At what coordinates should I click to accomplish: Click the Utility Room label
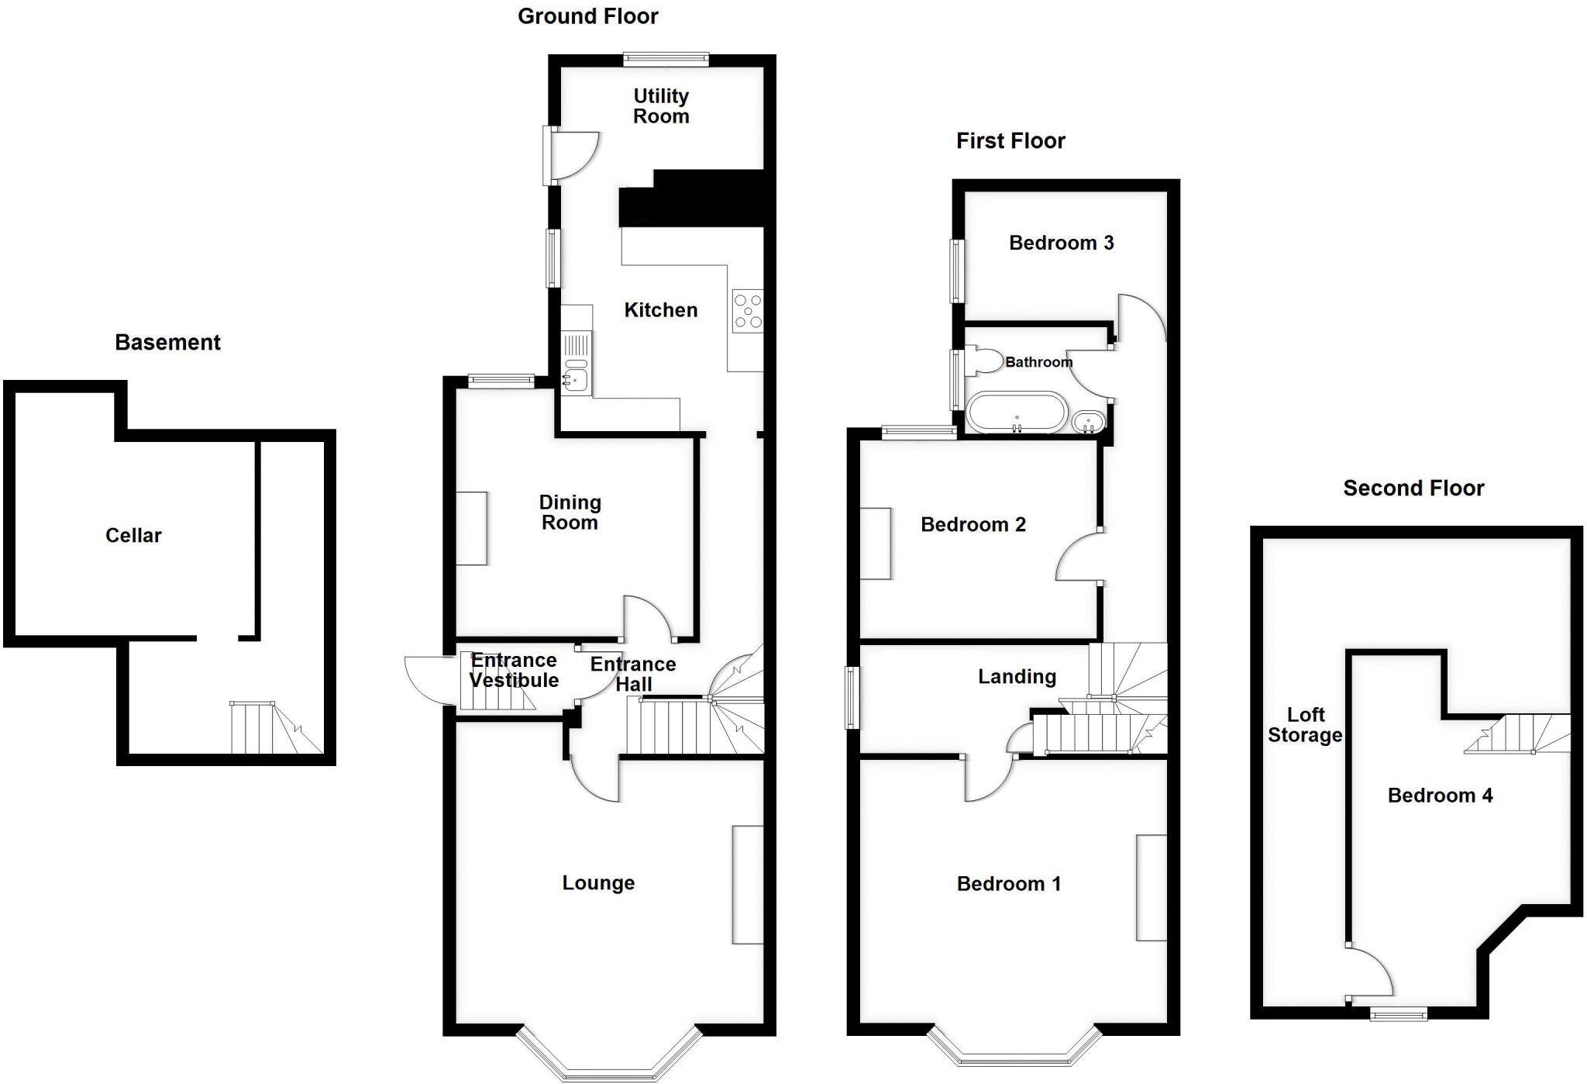660,106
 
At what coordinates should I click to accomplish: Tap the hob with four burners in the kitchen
748,311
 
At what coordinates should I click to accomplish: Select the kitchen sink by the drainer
575,378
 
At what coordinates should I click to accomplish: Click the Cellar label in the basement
133,536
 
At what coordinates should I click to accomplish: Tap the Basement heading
167,343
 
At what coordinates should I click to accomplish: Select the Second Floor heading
1413,488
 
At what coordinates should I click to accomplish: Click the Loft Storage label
1305,725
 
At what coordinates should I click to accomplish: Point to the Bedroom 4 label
1439,796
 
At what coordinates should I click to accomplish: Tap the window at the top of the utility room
666,58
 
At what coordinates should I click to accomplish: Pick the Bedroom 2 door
1077,556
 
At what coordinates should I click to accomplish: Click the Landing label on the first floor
1017,677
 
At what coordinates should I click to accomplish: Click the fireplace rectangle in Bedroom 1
1151,888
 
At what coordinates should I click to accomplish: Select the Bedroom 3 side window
958,271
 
